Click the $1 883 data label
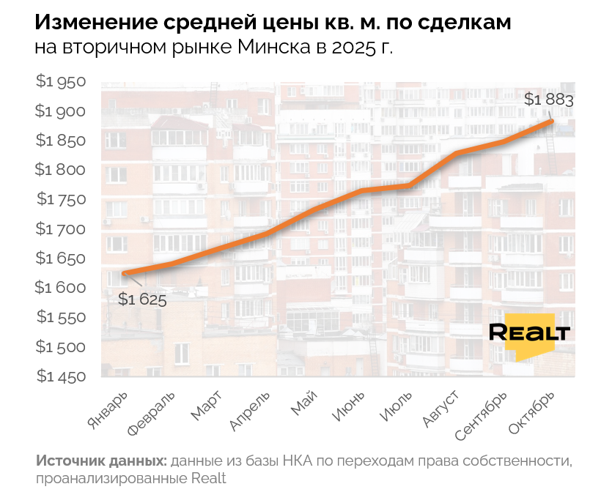coord(549,100)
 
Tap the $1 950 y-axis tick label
coord(61,82)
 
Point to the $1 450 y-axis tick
coord(61,376)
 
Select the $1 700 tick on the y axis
coord(61,229)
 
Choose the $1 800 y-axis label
coord(61,170)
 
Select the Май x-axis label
coord(305,403)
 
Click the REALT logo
coord(529,333)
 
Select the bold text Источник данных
coord(100,462)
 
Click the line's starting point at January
coord(126,274)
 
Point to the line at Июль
coord(409,186)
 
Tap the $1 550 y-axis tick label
coord(61,317)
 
